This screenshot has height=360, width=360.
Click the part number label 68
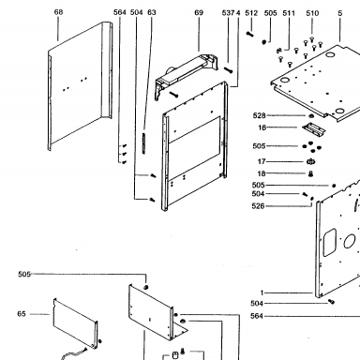58,12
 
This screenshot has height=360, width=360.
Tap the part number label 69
199,12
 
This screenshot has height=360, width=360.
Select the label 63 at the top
152,12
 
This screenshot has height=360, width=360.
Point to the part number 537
228,13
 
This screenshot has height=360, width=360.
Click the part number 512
251,13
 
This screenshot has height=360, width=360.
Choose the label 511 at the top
289,13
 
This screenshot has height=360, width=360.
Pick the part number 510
312,13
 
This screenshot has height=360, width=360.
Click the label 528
259,115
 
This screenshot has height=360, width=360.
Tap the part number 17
262,161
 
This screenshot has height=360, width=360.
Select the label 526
258,206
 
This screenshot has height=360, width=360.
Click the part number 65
22,314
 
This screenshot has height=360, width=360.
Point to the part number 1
262,292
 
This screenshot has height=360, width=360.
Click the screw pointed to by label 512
249,34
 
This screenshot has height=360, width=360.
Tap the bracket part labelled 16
313,128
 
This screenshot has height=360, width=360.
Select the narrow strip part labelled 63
143,143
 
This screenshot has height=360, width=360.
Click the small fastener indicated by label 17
310,161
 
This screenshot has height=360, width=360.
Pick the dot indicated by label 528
311,116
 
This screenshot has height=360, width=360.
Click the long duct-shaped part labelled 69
187,74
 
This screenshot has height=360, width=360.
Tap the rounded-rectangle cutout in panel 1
329,243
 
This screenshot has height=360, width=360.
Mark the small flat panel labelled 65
75,323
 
